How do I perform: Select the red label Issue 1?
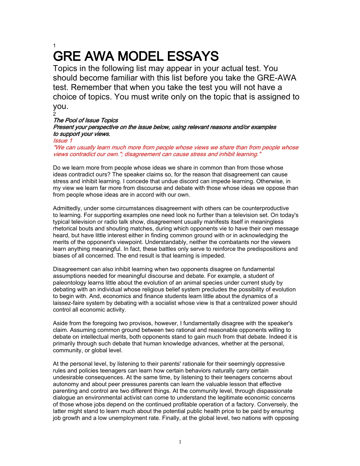(63, 141)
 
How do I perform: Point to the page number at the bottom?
(180, 442)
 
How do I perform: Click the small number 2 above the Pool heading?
(55, 114)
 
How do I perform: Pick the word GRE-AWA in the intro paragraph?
(277, 78)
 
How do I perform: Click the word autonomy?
(64, 385)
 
